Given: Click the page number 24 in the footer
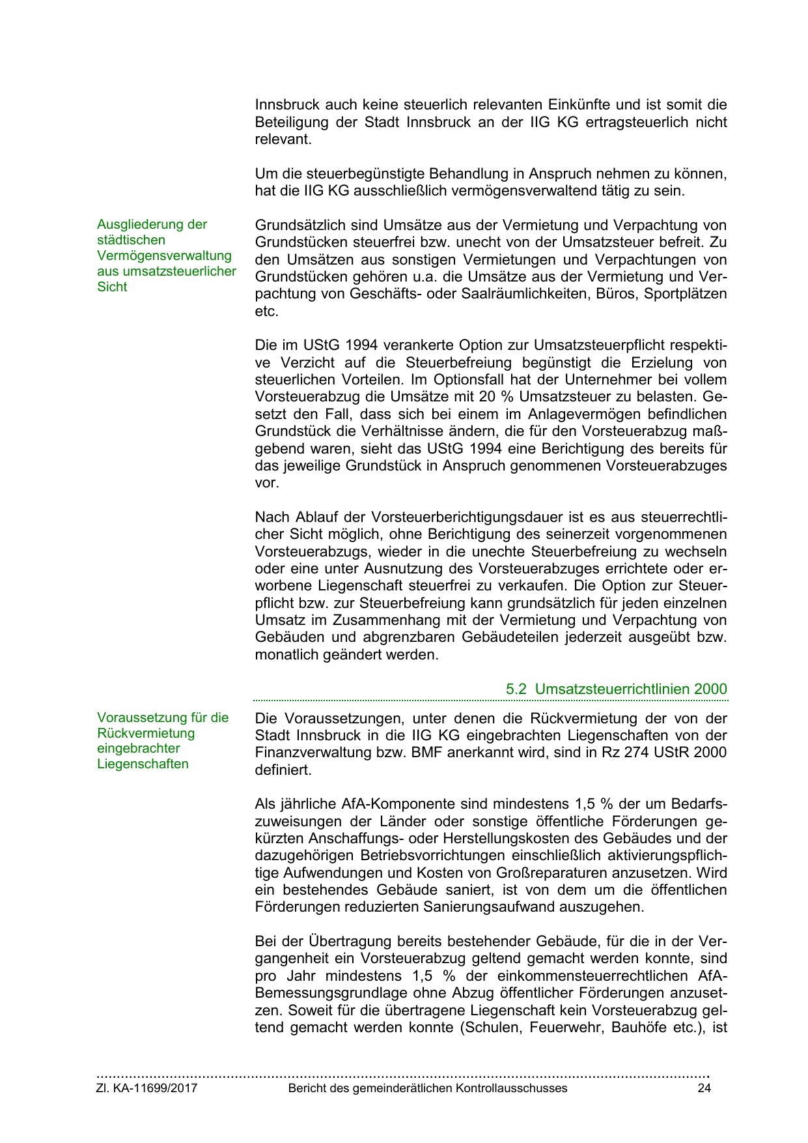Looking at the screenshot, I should (x=704, y=1088).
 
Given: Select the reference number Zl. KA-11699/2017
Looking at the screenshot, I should (x=147, y=1088).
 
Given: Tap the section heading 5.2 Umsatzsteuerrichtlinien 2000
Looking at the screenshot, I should (x=616, y=689).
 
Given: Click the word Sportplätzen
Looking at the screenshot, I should (x=685, y=294).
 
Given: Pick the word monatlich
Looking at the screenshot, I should (x=285, y=655).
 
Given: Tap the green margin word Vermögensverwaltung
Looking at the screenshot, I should (x=164, y=255).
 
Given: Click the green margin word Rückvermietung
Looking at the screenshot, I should (x=146, y=733).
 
